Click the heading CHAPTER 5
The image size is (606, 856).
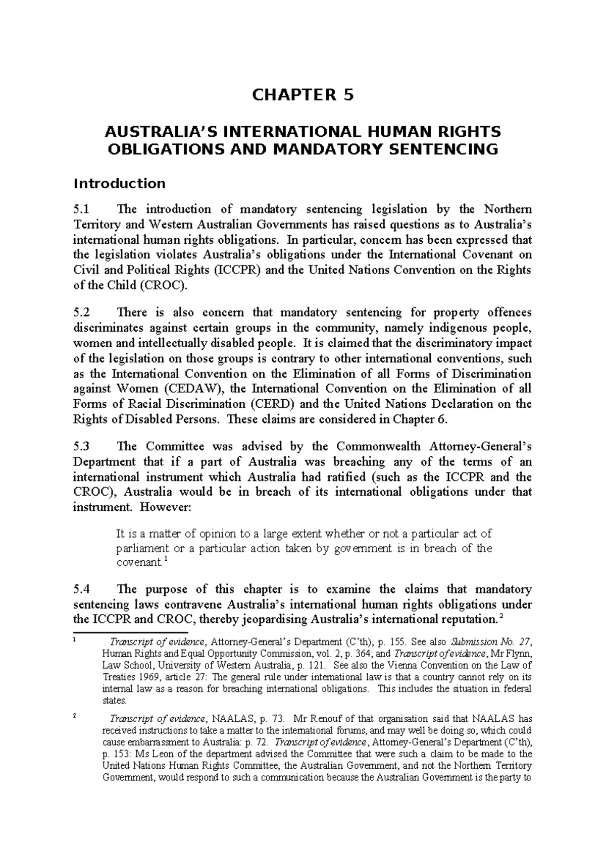302,95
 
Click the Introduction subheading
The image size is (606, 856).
119,183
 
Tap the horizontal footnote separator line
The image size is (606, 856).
130,632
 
